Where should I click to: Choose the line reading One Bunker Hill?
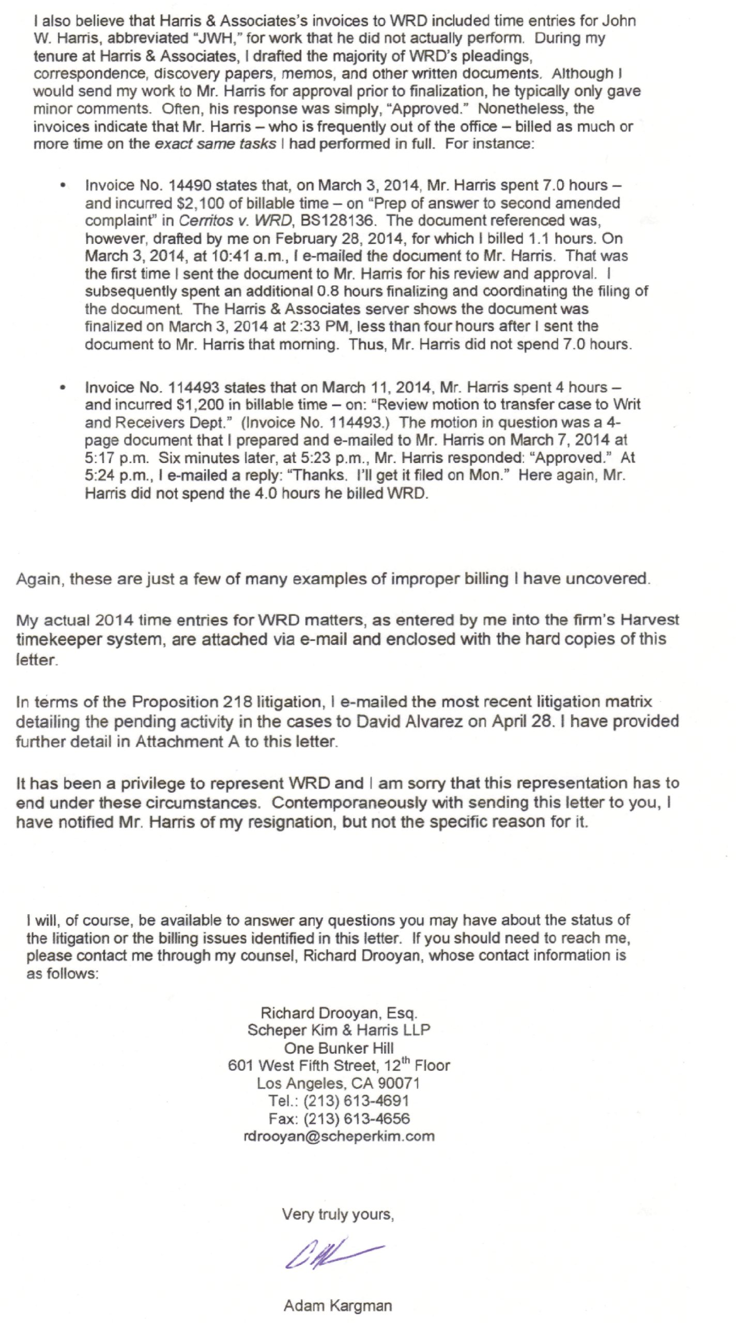click(x=339, y=1048)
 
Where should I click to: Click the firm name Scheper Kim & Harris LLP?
click(x=339, y=1030)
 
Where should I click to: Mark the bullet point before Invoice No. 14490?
click(x=64, y=186)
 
